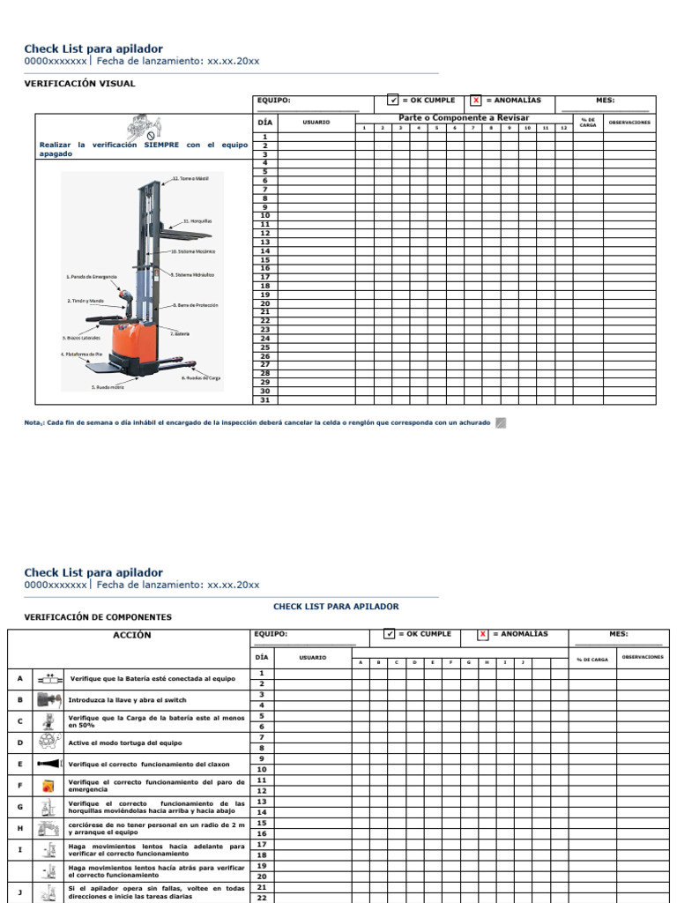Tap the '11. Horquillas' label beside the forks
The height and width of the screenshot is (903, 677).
(197, 220)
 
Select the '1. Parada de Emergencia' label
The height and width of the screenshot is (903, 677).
(92, 276)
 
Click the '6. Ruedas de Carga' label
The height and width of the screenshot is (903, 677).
(201, 377)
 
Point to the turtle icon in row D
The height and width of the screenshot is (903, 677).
(48, 743)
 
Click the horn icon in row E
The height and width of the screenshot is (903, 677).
(48, 764)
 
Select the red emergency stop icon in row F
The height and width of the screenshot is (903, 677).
(48, 785)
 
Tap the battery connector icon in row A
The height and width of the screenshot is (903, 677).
(48, 679)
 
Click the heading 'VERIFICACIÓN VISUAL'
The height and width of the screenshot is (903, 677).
(79, 84)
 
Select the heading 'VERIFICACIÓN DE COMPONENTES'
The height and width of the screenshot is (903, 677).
(98, 617)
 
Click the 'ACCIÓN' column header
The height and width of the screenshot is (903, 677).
(132, 635)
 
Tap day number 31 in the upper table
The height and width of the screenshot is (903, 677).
(264, 399)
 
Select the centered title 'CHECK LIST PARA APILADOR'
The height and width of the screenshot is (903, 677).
(336, 607)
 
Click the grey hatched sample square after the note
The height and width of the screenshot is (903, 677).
(501, 423)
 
